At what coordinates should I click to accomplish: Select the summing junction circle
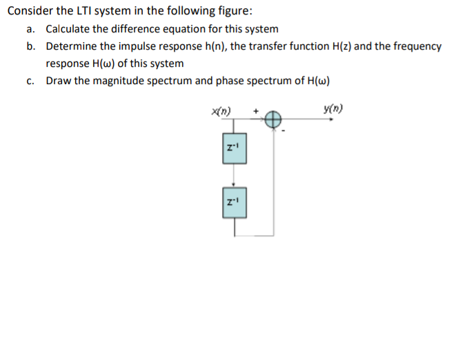[273, 119]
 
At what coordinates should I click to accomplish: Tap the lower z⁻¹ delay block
[234, 202]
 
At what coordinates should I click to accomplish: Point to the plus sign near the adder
[256, 110]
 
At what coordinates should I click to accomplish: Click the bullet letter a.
[30, 29]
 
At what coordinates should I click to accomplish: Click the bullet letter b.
[30, 46]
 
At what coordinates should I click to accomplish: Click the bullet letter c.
[30, 81]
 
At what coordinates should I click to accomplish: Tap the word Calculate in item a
[70, 29]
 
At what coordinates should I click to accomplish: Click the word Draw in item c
[58, 81]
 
